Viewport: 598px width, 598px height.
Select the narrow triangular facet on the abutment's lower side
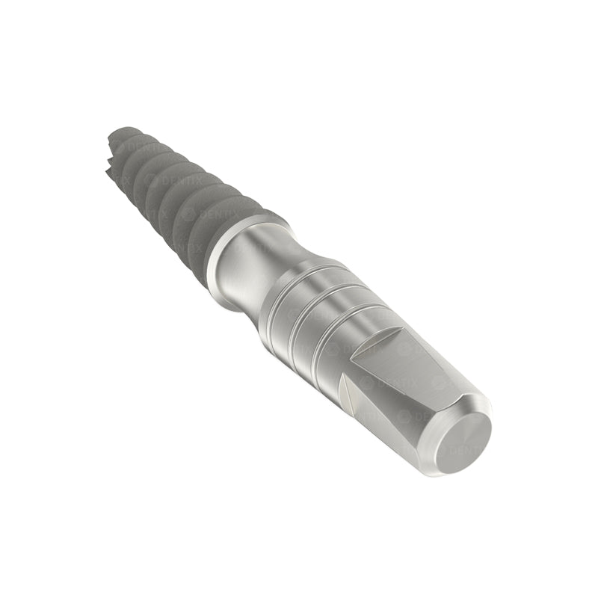pos(351,396)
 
